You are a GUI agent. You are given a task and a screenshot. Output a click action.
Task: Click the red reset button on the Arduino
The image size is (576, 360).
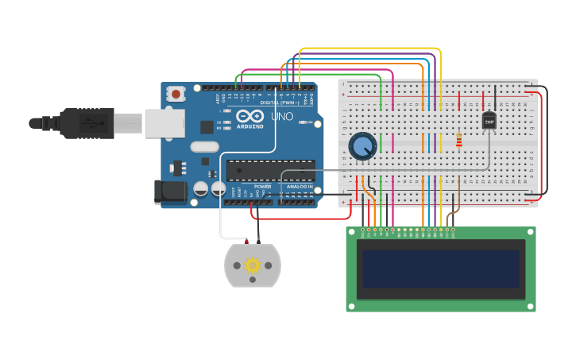(x=176, y=94)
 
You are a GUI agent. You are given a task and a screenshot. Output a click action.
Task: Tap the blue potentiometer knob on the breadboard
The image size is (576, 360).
(x=362, y=146)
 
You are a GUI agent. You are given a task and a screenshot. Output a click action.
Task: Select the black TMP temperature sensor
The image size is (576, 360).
(x=489, y=121)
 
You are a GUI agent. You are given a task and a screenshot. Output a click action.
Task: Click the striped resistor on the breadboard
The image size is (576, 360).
(x=459, y=141)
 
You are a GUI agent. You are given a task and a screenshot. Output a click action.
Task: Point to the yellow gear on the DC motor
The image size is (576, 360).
(x=253, y=265)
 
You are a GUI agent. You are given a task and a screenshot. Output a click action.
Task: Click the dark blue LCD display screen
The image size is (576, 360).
(x=441, y=269)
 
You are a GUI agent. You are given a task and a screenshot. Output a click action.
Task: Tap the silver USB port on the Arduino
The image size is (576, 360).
(x=164, y=123)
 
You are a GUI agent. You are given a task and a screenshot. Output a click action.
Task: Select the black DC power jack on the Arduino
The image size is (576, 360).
(x=170, y=192)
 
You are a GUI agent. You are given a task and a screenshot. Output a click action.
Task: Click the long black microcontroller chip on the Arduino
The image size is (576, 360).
(x=270, y=170)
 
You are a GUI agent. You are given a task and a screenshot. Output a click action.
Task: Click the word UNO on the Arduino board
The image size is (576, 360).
(x=282, y=116)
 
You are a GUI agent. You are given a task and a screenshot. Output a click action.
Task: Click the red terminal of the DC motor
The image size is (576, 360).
(x=246, y=241)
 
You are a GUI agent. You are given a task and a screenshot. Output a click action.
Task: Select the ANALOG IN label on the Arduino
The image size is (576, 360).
(x=300, y=187)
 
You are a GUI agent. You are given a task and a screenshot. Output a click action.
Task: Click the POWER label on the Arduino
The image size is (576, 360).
(x=262, y=187)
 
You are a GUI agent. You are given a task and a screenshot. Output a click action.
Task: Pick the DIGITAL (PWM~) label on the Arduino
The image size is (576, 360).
(x=281, y=102)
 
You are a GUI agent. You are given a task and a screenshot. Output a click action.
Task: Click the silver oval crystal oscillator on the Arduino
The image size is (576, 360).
(x=204, y=146)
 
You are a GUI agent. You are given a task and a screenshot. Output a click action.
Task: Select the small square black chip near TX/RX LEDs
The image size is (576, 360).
(x=207, y=126)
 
